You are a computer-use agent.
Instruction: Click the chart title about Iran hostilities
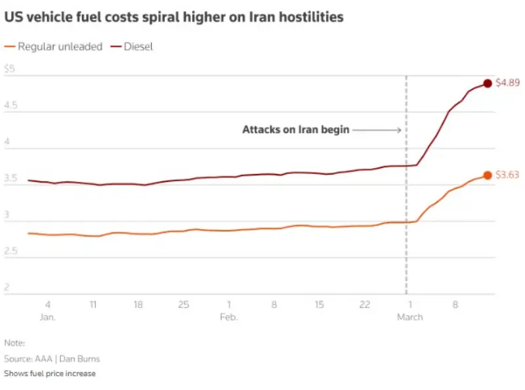point(174,18)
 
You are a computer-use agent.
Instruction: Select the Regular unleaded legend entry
point(54,47)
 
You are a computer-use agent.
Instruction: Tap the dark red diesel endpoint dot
point(487,83)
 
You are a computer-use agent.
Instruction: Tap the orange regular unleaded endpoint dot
point(487,175)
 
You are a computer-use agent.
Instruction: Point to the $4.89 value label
point(507,83)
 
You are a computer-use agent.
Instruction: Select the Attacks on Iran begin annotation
point(295,129)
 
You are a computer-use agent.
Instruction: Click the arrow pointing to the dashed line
point(377,130)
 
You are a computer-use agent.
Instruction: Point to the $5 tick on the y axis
point(9,68)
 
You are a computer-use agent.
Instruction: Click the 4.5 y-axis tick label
point(12,105)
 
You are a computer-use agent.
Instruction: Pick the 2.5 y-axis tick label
point(12,251)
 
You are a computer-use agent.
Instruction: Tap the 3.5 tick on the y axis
point(12,178)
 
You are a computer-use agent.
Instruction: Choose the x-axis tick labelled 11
point(93,305)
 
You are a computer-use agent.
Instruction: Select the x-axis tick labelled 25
point(184,305)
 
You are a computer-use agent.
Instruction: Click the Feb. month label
point(229,316)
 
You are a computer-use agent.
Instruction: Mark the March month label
point(410,316)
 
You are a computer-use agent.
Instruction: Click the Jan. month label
point(47,316)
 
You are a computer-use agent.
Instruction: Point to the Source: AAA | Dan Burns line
point(52,359)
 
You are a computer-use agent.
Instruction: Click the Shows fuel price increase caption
point(50,374)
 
